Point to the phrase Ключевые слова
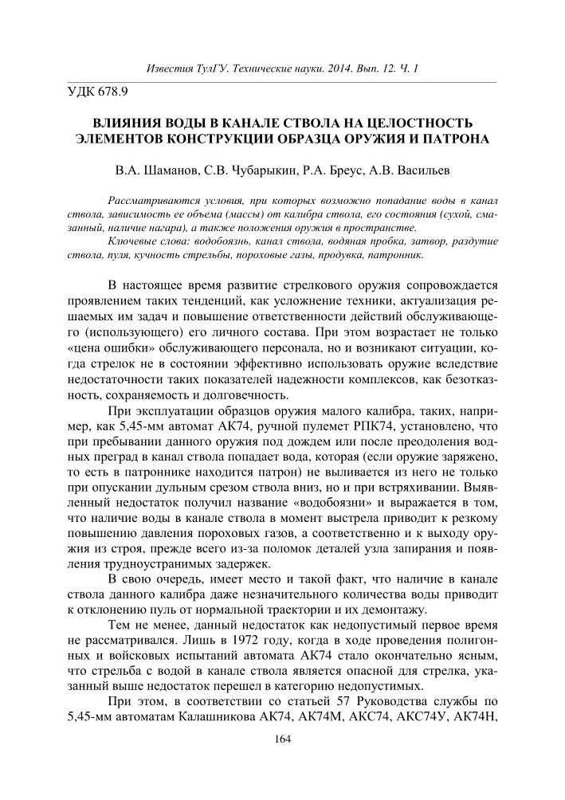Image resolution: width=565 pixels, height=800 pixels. (x=146, y=241)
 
